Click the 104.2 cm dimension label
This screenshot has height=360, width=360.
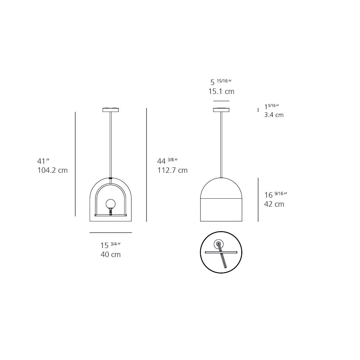[x=53, y=170]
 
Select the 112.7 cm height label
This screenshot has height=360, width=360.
[x=172, y=170]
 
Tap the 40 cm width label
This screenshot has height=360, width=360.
[x=111, y=255]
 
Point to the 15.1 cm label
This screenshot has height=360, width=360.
[x=221, y=91]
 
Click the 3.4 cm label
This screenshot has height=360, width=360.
[x=274, y=115]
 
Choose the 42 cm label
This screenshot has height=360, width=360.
[x=274, y=204]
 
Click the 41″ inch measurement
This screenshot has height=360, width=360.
[x=43, y=161]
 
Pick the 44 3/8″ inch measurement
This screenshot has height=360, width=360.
[x=168, y=161]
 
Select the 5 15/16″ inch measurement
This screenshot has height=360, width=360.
[x=221, y=82]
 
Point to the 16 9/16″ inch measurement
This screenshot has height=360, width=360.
[x=276, y=195]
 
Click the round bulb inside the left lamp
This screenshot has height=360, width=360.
[x=110, y=204]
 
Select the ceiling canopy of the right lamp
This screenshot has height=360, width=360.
[x=221, y=110]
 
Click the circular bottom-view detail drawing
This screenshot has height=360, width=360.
[x=221, y=252]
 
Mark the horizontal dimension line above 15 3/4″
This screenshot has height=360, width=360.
[x=111, y=233]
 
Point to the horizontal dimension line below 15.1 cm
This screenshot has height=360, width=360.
[x=221, y=101]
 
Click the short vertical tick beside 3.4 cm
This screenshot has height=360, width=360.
[x=258, y=110]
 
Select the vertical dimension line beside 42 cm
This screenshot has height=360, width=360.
[x=258, y=199]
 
